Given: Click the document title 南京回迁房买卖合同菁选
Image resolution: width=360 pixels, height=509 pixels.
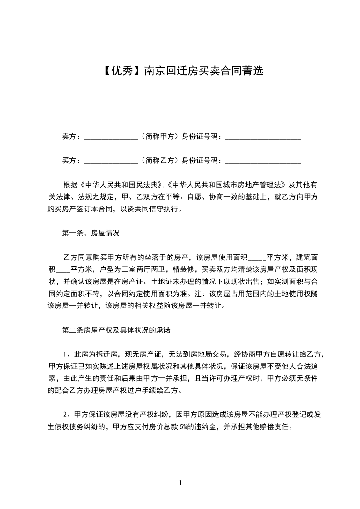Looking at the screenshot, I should click(x=203, y=71).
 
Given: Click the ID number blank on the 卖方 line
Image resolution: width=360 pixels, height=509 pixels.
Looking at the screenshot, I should click(x=263, y=136).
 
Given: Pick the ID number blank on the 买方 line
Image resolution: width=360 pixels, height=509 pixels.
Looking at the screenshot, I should click(x=263, y=161).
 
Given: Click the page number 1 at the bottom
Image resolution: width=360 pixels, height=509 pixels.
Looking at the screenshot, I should click(x=180, y=483).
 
